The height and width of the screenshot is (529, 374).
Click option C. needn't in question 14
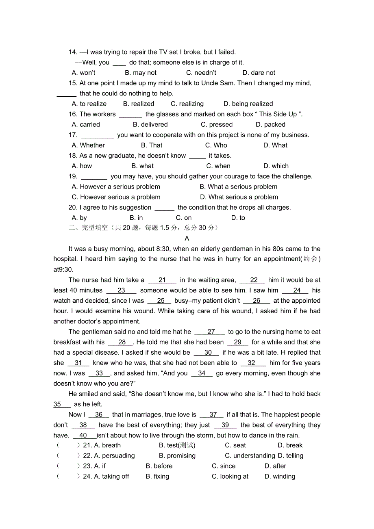[201, 73]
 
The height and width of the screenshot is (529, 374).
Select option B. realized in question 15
[139, 104]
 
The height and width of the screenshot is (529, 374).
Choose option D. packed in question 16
[270, 125]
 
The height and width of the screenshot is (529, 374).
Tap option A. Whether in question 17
[88, 145]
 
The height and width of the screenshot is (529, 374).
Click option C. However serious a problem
[116, 197]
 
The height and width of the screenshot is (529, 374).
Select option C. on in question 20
[183, 218]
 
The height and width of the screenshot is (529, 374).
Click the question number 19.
[73, 176]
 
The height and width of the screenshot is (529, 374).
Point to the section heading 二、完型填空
[88, 228]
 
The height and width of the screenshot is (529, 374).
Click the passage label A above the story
[187, 238]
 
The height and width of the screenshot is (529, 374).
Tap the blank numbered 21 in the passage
[162, 280]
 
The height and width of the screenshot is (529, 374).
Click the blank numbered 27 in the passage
[211, 332]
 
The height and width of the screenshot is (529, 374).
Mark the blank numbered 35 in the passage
[57, 404]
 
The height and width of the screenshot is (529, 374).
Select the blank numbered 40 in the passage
[83, 435]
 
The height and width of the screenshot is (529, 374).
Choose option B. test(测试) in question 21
[177, 446]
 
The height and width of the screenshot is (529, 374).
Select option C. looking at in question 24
[230, 477]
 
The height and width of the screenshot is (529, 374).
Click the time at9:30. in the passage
[63, 269]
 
